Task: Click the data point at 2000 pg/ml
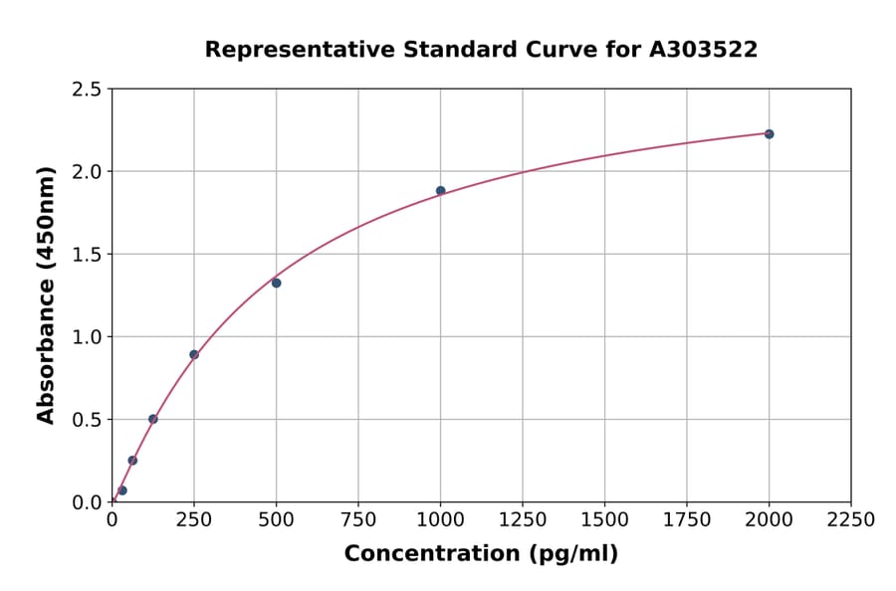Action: [x=769, y=134]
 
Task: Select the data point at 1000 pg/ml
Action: [x=440, y=191]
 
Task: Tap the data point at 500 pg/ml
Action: [x=276, y=283]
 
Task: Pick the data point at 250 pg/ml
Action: [x=194, y=354]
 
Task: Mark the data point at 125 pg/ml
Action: [x=153, y=419]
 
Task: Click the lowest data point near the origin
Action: [x=122, y=491]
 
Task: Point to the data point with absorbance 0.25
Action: [x=132, y=461]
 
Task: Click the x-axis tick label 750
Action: [x=358, y=520]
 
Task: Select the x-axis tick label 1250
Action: [x=523, y=520]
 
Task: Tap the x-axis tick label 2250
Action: [x=851, y=520]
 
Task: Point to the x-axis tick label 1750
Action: [x=687, y=520]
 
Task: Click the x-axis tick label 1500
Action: [x=604, y=520]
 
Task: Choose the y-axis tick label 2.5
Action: [x=87, y=90]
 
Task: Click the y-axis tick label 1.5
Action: [x=87, y=255]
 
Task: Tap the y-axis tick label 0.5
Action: [x=87, y=420]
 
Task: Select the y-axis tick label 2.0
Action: [x=87, y=172]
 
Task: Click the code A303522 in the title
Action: [x=703, y=50]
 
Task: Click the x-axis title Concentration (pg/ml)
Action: [x=481, y=554]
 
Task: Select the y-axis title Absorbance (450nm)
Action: [x=46, y=295]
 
